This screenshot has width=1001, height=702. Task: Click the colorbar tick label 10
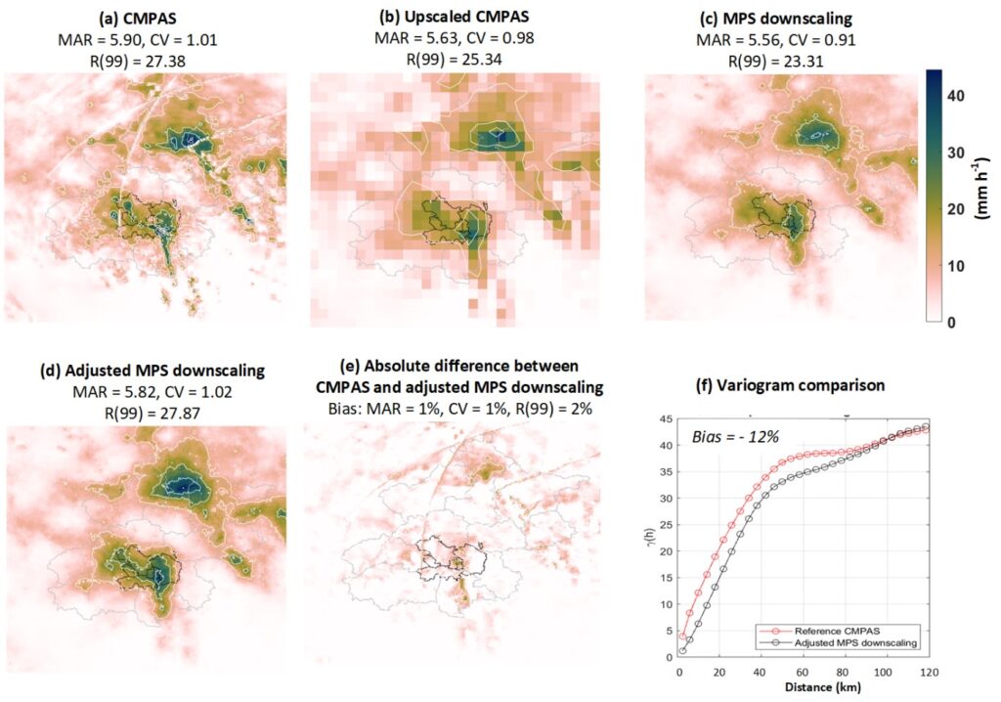(x=958, y=266)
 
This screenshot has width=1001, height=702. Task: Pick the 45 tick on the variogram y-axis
(x=667, y=419)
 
